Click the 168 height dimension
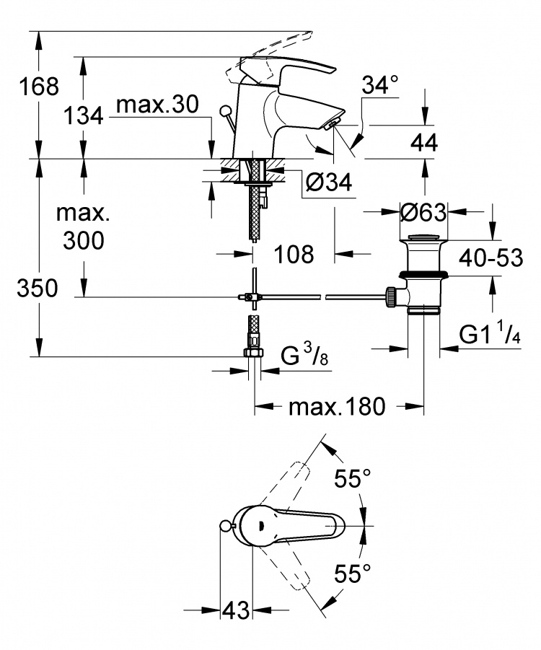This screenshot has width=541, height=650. coord(39,87)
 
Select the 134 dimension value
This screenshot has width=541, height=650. coord(83,115)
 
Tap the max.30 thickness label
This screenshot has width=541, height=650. coord(157,105)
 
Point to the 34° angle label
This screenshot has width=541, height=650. coord(380,85)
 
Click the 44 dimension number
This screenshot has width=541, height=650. coord(424,143)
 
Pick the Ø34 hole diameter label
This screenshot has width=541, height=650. coord(329,182)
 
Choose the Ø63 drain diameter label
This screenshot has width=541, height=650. coord(423,212)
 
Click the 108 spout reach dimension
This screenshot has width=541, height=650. coord(294,254)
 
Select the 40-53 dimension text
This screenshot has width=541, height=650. coord(491,258)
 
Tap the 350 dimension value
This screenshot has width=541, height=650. coord(38,288)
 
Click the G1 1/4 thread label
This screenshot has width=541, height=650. coord(490,334)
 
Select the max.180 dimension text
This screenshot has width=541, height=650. coord(337,407)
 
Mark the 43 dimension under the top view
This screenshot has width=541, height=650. coord(236,610)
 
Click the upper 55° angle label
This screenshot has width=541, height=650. coord(353,479)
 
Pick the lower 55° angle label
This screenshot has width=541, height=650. coord(353,574)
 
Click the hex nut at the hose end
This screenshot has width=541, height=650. coord(253,352)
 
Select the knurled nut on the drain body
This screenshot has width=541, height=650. coord(390,297)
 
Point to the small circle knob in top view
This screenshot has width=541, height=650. coord(224,526)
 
